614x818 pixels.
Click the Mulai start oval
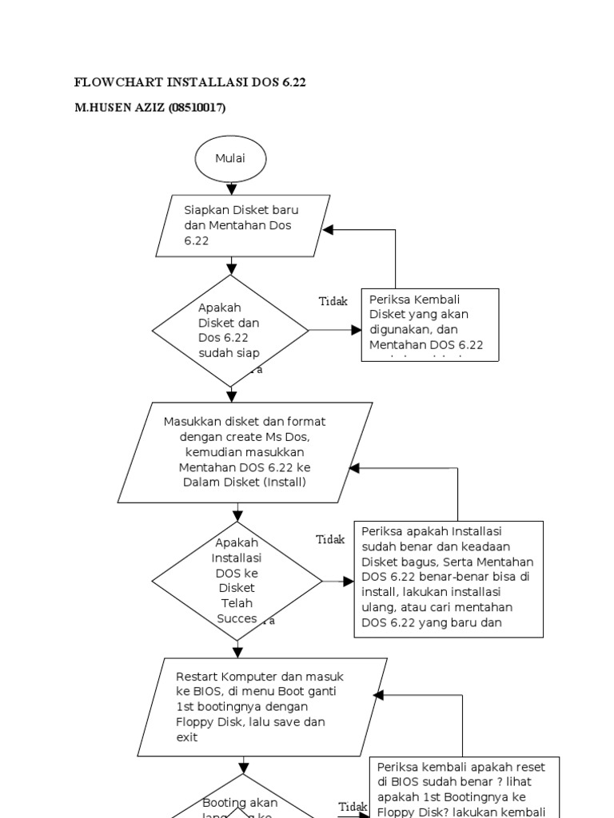230,159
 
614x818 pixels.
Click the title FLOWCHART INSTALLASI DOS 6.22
189,82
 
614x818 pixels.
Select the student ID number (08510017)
197,108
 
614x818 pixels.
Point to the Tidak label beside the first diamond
333,301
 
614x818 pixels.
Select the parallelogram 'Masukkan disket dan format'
245,452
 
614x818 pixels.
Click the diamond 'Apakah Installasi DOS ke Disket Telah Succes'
237,581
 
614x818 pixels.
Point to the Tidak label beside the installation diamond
329,539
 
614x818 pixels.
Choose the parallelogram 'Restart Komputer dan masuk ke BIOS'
262,707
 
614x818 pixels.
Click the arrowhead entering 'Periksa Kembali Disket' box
356,330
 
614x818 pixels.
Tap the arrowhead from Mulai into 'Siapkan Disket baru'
231,189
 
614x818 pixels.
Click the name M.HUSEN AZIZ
119,108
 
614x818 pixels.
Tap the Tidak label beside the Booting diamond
353,806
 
